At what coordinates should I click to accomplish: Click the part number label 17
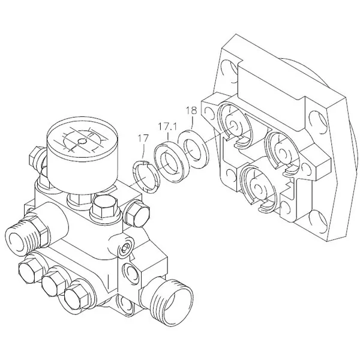(x=143, y=139)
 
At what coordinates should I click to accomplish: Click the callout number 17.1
(x=167, y=127)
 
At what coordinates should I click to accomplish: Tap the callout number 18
(x=191, y=110)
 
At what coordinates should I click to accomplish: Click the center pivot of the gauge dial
(x=81, y=142)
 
